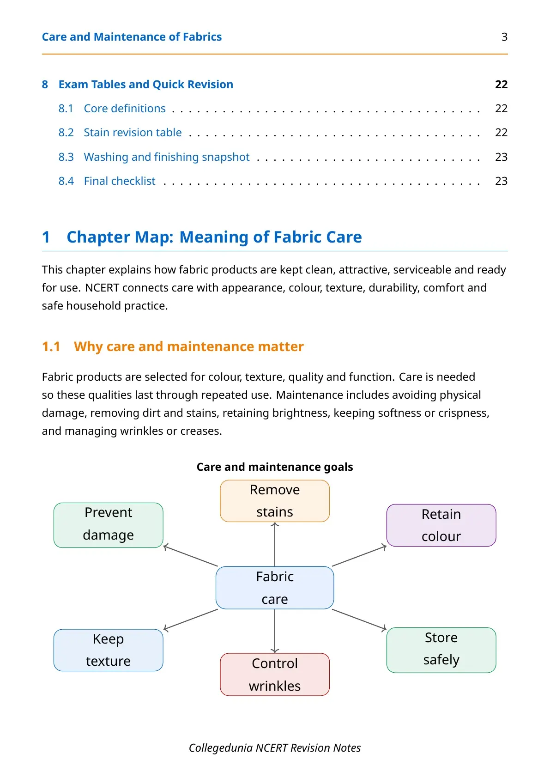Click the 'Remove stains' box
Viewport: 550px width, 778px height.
coord(275,501)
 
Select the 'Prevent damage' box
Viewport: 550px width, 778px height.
coord(109,525)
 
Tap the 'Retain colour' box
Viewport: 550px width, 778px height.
coord(441,525)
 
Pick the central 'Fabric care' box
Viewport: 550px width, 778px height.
coord(275,588)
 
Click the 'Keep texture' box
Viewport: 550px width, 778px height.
coord(109,650)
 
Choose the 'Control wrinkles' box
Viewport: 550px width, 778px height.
coord(275,675)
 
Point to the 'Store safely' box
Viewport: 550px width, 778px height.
coord(441,650)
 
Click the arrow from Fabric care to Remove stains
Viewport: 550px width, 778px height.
coord(275,544)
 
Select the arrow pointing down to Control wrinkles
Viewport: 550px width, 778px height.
coord(275,631)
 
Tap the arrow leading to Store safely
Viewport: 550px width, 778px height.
coord(359,620)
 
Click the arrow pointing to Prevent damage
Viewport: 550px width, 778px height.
coord(190,555)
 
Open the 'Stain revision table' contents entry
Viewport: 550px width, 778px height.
coord(133,132)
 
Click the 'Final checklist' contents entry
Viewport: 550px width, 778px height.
coord(120,181)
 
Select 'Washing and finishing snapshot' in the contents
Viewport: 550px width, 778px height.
coord(167,157)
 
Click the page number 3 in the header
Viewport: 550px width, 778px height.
coord(504,37)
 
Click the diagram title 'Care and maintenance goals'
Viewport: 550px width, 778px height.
coord(275,467)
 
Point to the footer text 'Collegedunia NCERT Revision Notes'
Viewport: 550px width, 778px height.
coord(275,748)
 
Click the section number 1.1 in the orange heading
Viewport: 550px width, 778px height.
coord(51,346)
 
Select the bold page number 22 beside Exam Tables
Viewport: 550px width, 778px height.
coord(502,85)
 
